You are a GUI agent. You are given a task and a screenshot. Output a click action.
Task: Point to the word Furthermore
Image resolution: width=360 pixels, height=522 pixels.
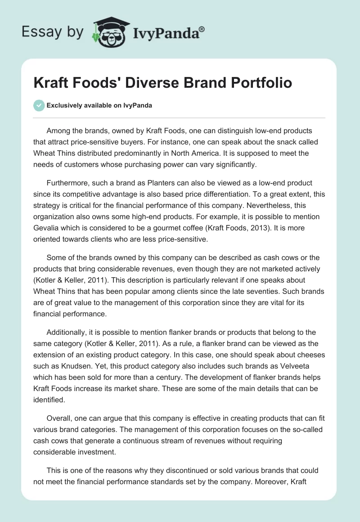(68, 183)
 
